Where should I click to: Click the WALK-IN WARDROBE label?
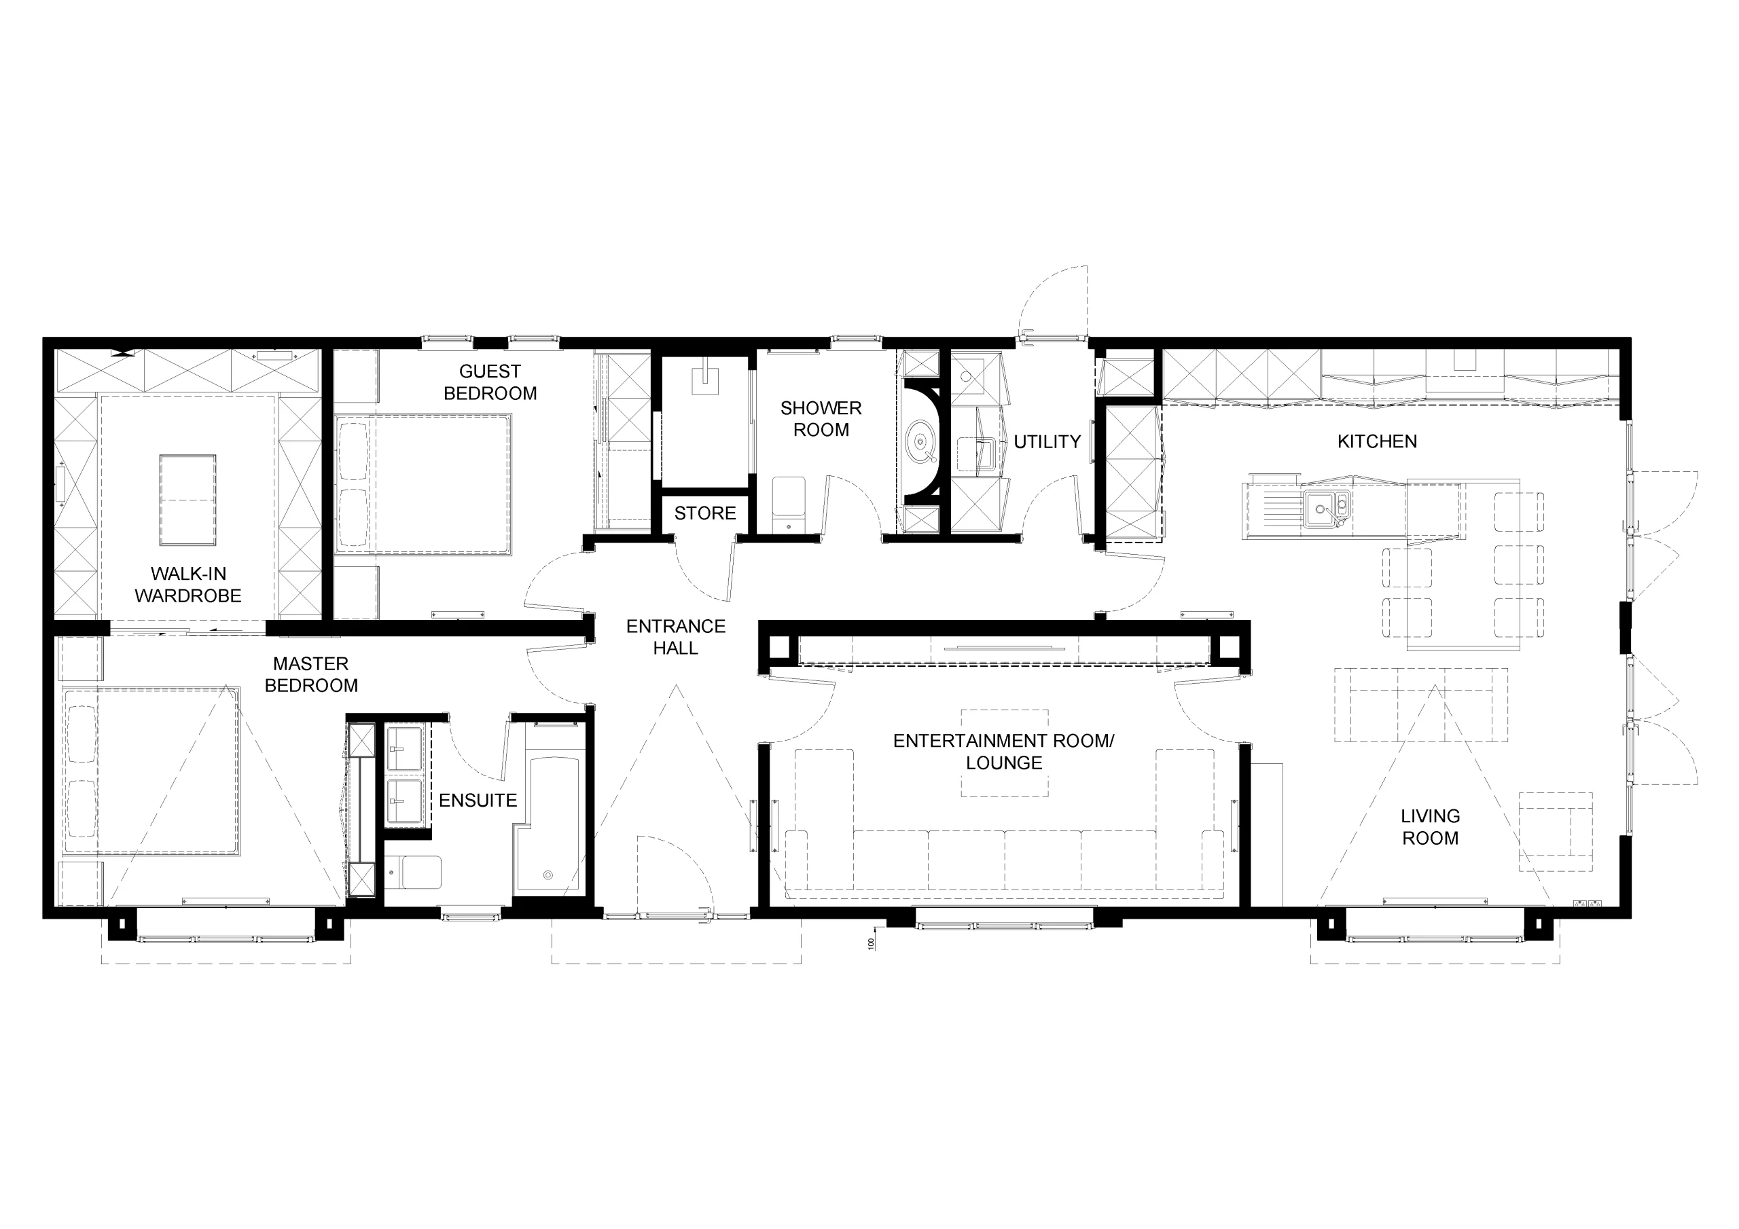point(188,585)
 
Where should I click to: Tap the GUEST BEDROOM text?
point(490,382)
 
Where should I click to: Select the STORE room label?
point(705,513)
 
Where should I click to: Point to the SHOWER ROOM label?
point(821,419)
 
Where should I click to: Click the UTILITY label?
point(1047,441)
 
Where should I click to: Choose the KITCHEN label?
point(1377,441)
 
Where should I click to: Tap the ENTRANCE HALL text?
point(676,637)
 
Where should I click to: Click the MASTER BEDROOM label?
point(311,674)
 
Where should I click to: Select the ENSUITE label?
point(478,801)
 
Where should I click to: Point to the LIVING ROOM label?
point(1430,827)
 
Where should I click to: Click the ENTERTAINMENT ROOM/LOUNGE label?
point(1003,751)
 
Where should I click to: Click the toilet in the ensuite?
point(414,873)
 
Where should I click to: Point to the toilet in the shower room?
point(789,504)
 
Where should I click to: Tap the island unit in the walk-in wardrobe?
point(188,500)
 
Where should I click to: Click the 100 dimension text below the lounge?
point(871,944)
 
